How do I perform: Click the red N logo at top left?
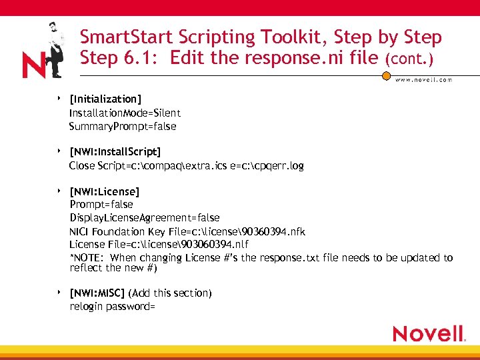tap(34, 65)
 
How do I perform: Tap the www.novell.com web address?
tap(423, 80)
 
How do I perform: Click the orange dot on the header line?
tap(386, 76)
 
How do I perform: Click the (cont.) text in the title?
tap(409, 59)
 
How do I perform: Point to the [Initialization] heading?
tap(105, 99)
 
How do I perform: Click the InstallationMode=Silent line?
tap(125, 113)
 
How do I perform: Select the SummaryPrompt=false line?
tap(123, 126)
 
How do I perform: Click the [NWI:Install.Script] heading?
tap(115, 152)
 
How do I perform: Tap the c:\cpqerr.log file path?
tap(275, 165)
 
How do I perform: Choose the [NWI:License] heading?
tap(105, 192)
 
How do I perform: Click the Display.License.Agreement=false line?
tap(145, 218)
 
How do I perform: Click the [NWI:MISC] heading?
tap(97, 293)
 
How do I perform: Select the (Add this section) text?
tap(170, 293)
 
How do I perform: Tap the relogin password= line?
tap(113, 307)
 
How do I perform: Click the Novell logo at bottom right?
tap(428, 333)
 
